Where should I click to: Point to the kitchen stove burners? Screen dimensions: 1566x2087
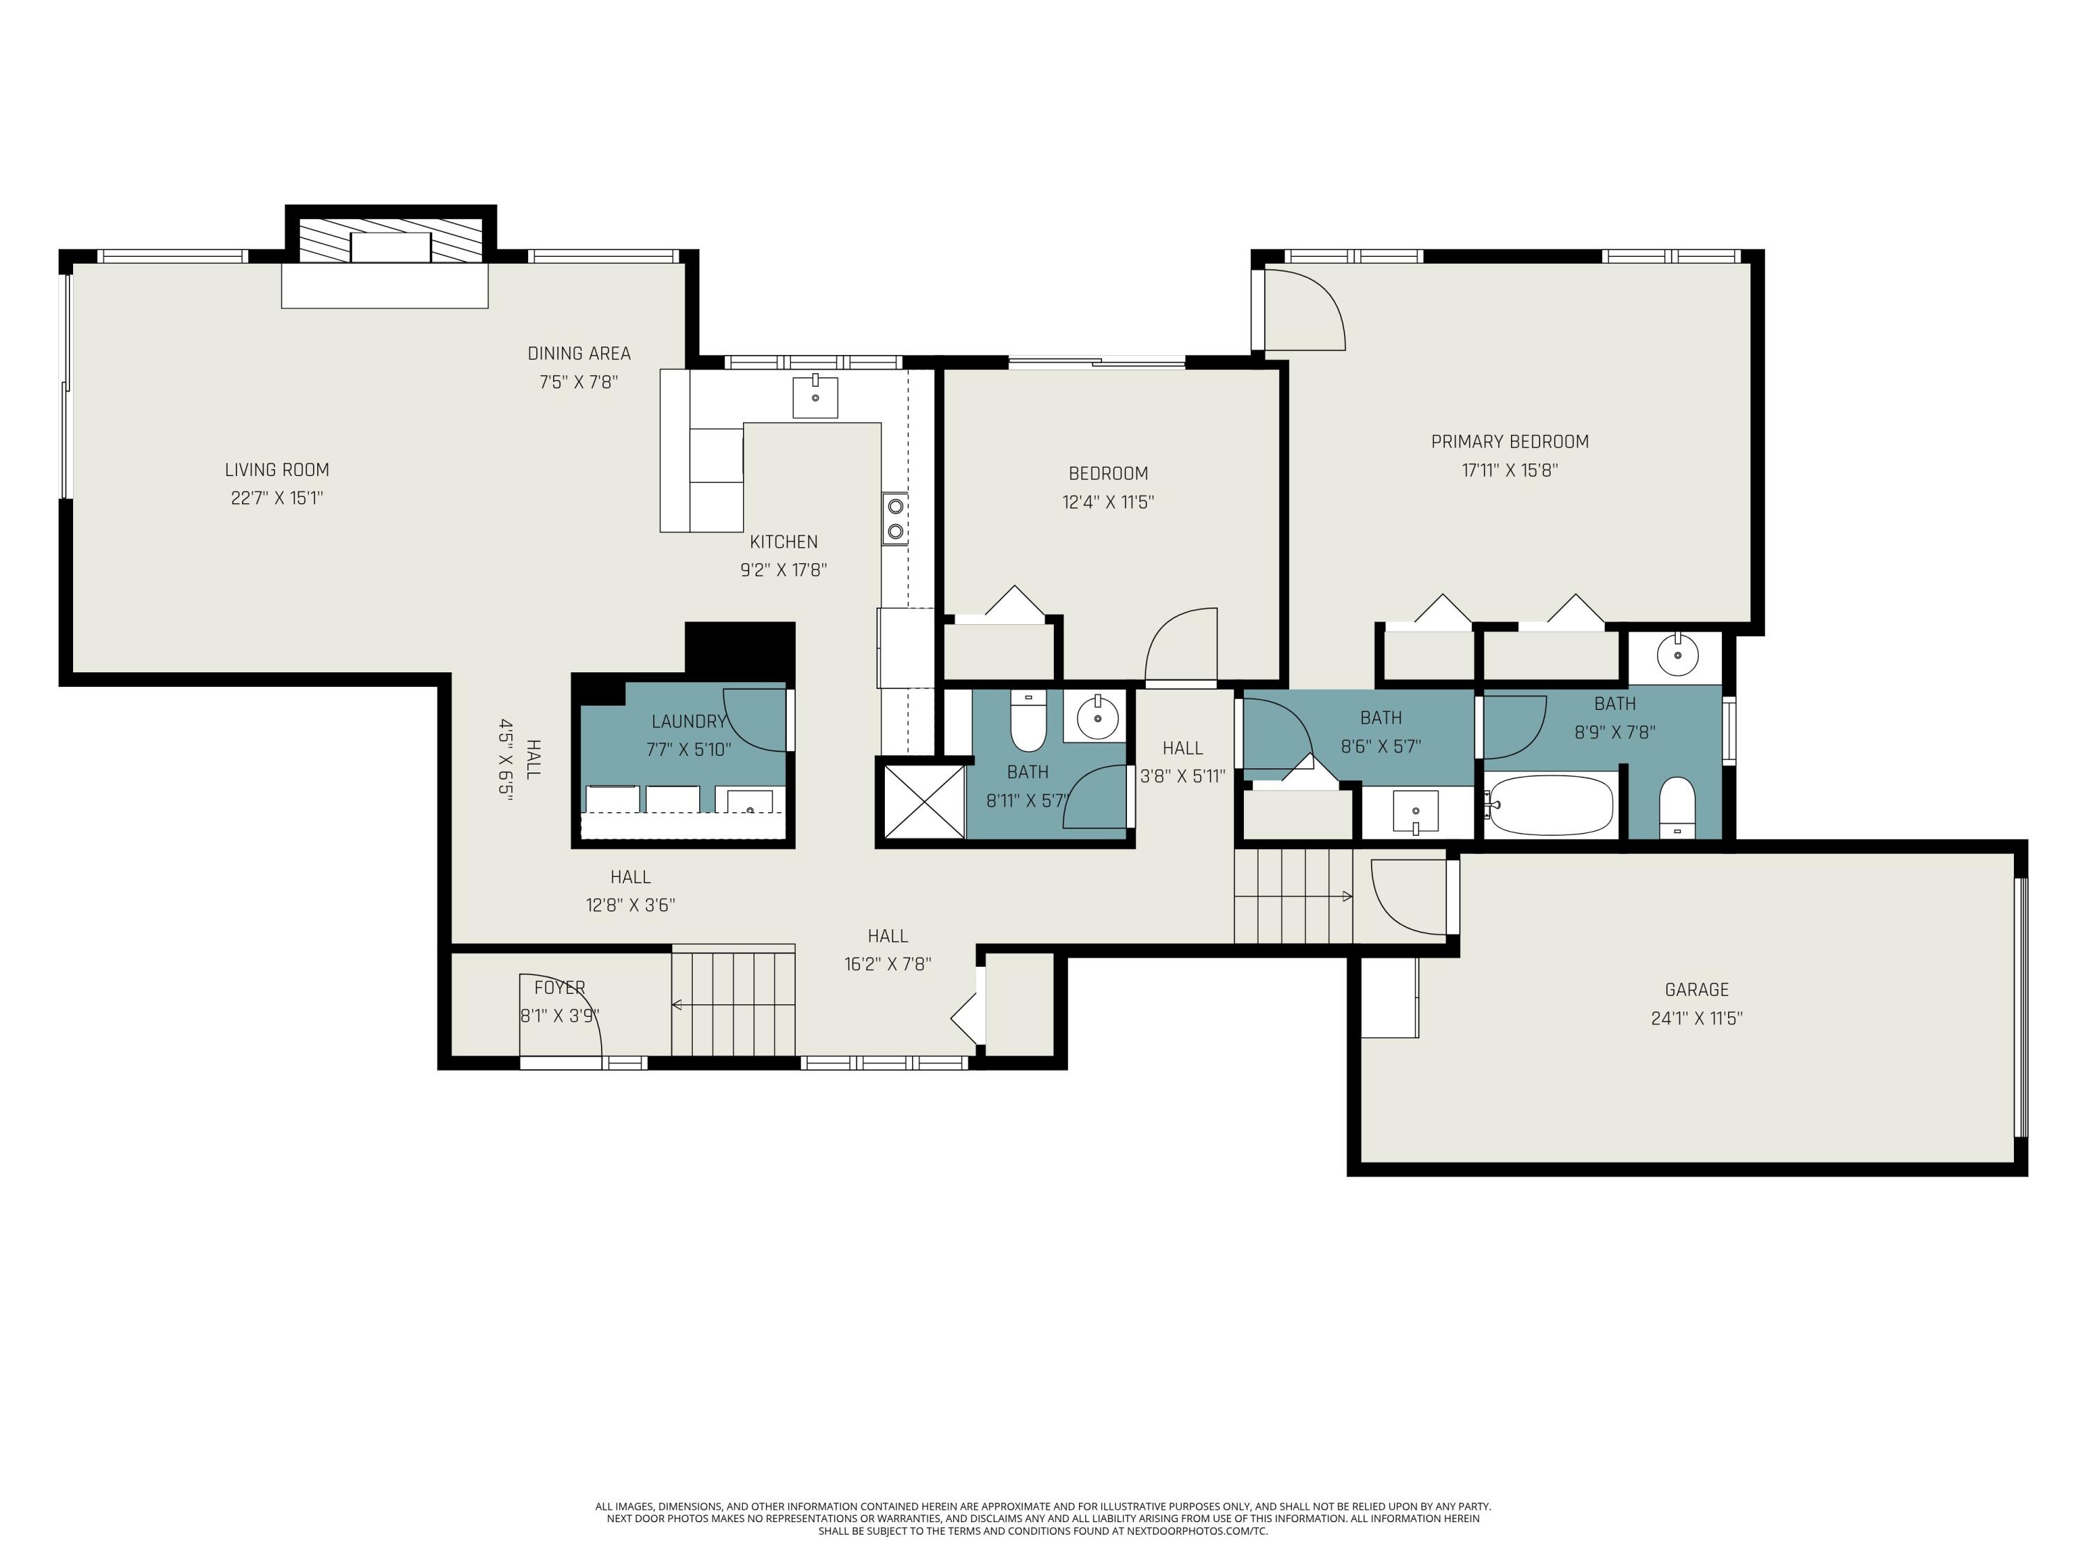pos(895,519)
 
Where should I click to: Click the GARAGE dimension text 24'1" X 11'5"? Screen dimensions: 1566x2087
pos(1697,1018)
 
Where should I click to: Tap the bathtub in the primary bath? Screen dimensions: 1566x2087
pos(1549,805)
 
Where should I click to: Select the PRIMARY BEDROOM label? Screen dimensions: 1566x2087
pos(1510,441)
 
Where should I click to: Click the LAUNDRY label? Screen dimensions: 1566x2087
pos(688,721)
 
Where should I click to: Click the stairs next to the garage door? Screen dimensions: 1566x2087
pos(1293,895)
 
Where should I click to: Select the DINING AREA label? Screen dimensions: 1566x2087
pos(578,353)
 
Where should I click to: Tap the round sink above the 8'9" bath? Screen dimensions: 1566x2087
pos(1677,654)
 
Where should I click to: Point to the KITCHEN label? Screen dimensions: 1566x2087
pos(783,541)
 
